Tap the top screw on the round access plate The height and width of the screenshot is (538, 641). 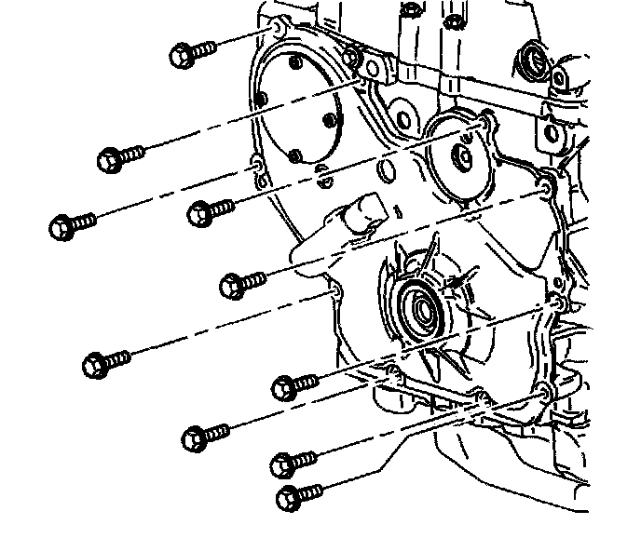[295, 64]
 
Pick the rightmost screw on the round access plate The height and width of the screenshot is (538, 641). [328, 119]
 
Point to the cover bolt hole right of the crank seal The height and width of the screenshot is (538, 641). [555, 303]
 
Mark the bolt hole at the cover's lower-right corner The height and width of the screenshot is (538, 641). [544, 386]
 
